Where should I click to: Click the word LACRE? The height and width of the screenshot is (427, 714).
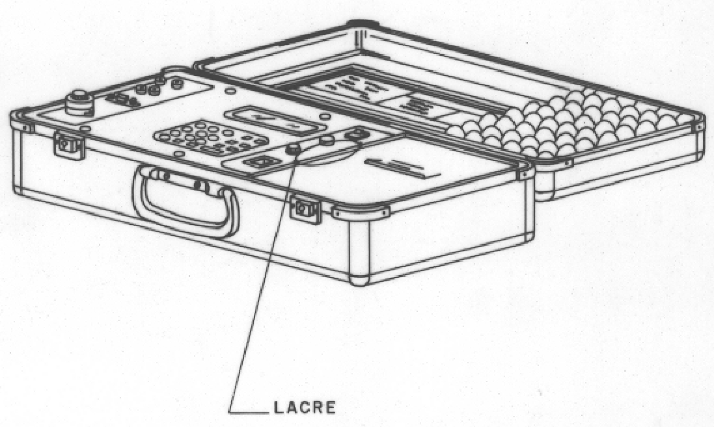tap(305, 407)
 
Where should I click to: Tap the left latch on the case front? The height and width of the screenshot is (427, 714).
tap(69, 144)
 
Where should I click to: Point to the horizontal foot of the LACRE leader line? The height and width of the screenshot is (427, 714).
tap(248, 412)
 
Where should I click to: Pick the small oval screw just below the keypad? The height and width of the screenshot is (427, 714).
tap(180, 154)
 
